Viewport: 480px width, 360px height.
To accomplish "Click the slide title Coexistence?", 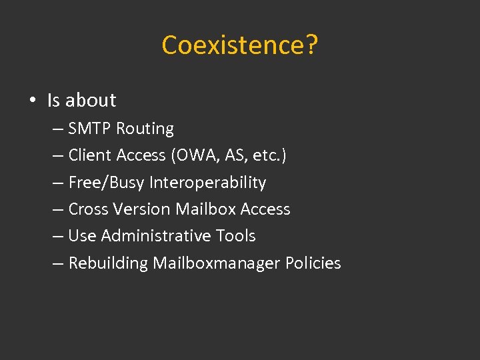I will [240, 45].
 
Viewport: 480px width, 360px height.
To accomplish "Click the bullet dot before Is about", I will [31, 101].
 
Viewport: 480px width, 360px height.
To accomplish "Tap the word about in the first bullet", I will [91, 100].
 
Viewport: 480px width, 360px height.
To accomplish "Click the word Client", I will [90, 155].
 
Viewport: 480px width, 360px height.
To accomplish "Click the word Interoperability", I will [207, 183].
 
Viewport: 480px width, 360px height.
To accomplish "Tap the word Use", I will [82, 236].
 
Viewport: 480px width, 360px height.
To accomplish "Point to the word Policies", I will [313, 263].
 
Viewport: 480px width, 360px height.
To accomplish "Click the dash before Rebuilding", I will [58, 263].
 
